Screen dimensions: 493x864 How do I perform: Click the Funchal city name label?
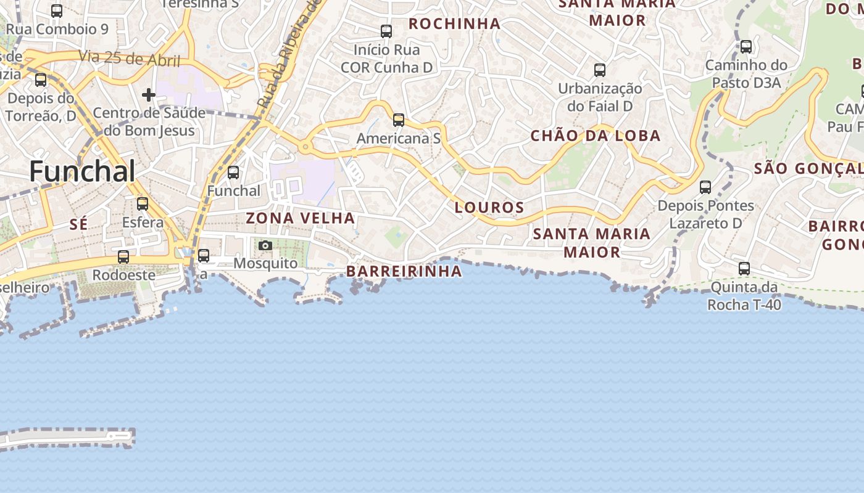tap(82, 171)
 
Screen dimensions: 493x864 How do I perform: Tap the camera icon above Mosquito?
tap(265, 246)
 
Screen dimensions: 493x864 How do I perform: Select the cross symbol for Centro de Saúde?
tap(148, 95)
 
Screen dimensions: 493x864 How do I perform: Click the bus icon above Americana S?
tap(399, 120)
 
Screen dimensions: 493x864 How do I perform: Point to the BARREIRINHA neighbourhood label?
tap(404, 271)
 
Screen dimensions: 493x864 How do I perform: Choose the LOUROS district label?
tap(489, 208)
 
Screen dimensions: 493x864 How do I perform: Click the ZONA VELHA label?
tap(301, 218)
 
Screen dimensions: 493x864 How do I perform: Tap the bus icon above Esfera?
tap(143, 204)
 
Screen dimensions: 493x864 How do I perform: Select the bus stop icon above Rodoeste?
tap(123, 257)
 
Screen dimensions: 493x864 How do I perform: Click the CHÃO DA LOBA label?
tap(596, 136)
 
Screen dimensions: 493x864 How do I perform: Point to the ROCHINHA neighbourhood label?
tap(454, 24)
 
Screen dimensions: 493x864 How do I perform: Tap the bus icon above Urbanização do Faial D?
tap(600, 70)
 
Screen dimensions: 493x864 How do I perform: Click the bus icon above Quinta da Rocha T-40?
tap(744, 269)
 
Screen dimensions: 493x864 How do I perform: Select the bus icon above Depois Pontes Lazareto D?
tap(705, 187)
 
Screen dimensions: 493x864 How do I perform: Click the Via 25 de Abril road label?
tap(129, 59)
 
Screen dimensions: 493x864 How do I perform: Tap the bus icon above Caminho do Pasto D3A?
tap(746, 47)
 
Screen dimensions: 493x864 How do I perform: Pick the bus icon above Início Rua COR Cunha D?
tap(386, 31)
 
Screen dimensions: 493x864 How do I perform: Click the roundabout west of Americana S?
tap(304, 147)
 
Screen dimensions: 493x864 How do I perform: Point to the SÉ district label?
tap(78, 225)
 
